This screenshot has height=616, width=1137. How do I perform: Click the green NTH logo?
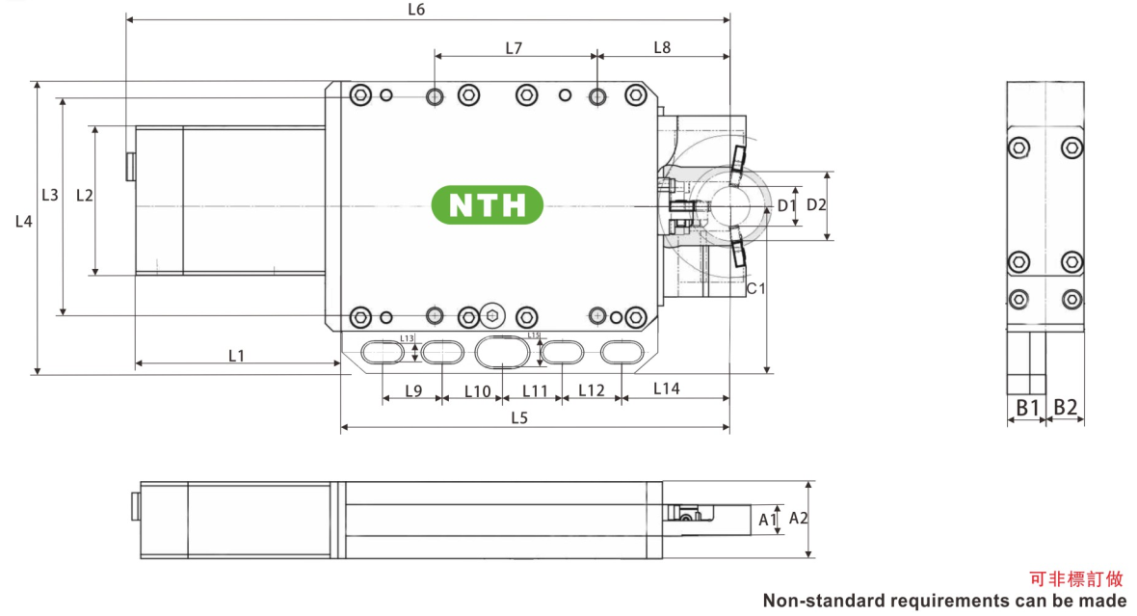[x=487, y=204]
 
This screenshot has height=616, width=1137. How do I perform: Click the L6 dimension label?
[x=416, y=11]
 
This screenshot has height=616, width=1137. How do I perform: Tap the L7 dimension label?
[x=514, y=47]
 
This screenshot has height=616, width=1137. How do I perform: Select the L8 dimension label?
[x=662, y=47]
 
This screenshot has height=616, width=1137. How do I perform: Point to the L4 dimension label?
[x=24, y=222]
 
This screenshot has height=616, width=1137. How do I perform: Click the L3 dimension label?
[x=50, y=195]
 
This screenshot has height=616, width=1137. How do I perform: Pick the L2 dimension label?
[x=84, y=195]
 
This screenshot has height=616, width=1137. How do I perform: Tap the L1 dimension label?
[x=236, y=356]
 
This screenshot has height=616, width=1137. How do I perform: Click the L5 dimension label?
[x=519, y=417]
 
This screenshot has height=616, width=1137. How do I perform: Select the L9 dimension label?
[x=412, y=390]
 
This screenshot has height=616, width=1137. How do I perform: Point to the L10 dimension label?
[x=478, y=390]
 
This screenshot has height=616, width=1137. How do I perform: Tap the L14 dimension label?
[x=666, y=388]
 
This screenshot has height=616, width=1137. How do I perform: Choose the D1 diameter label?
[x=785, y=205]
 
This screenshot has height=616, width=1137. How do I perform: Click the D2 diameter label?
[x=816, y=204]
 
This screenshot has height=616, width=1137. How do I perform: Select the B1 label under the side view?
[x=1027, y=408]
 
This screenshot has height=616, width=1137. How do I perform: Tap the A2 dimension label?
[x=798, y=519]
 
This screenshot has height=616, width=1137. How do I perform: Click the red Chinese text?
[x=1076, y=579]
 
